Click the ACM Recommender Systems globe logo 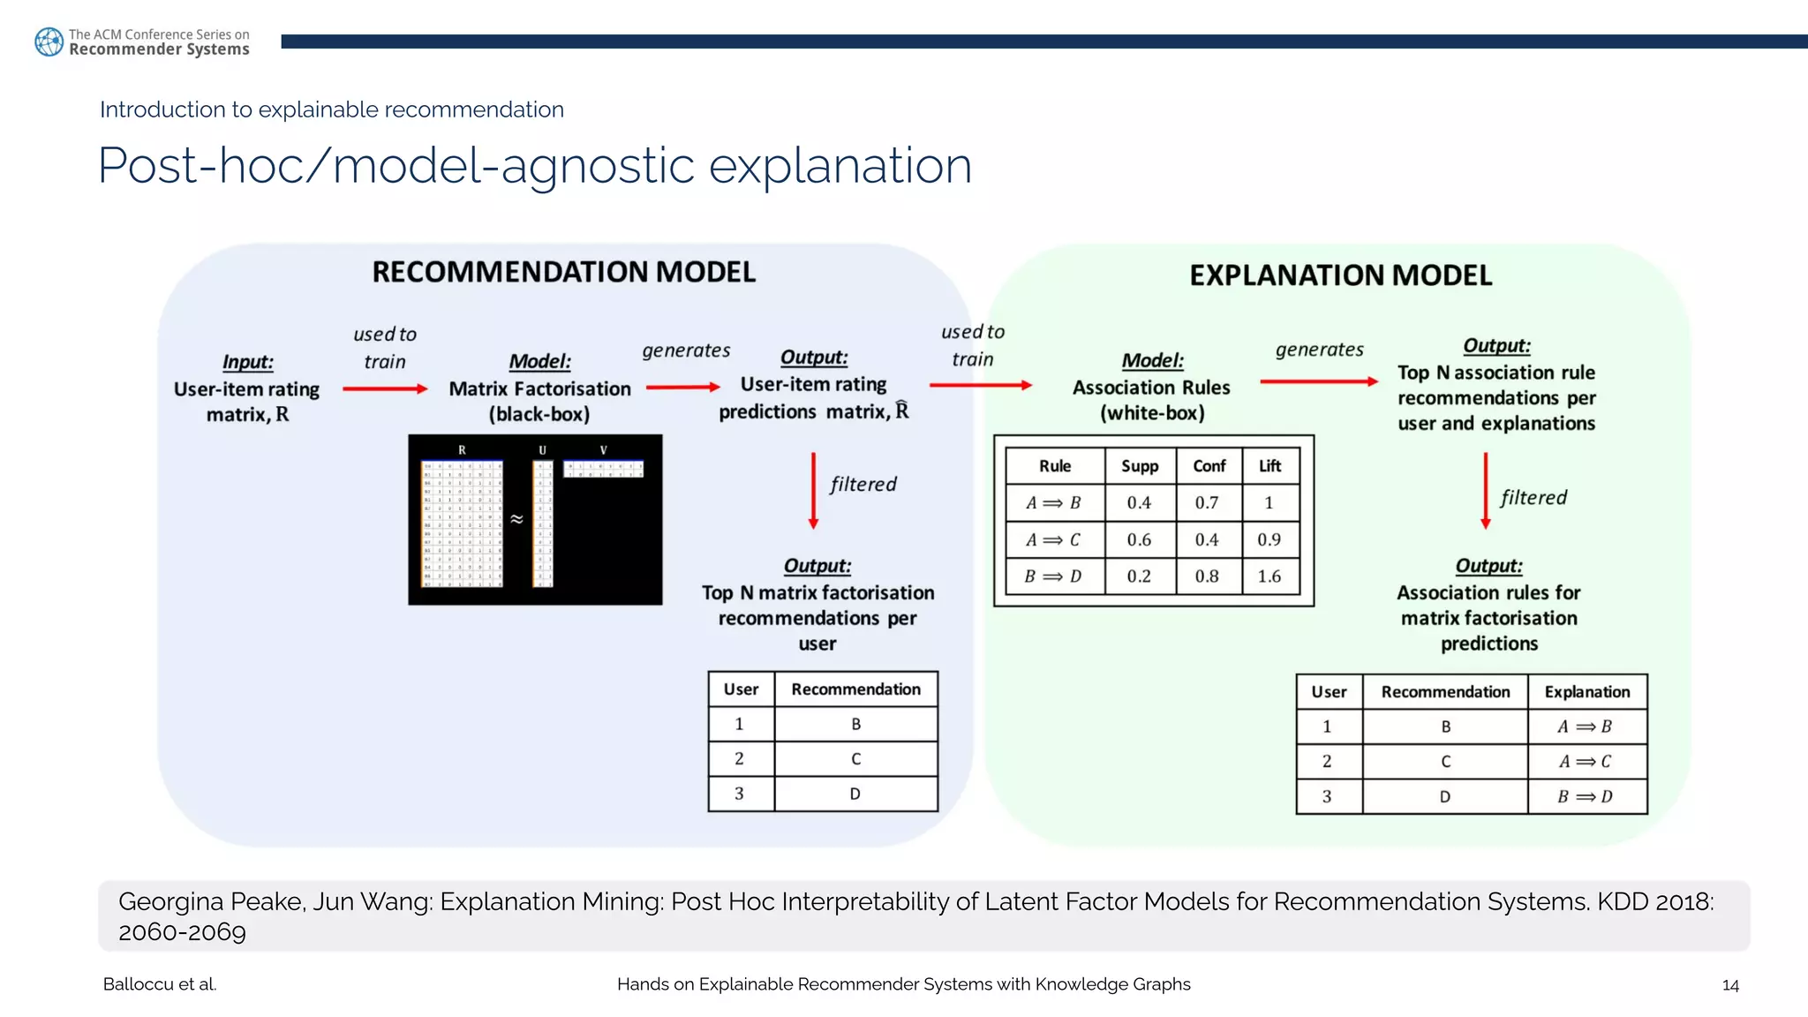[x=49, y=41]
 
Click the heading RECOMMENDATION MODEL [x=563, y=272]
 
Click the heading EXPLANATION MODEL [x=1340, y=275]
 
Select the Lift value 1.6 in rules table [x=1269, y=576]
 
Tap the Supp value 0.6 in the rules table [x=1139, y=539]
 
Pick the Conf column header [x=1209, y=466]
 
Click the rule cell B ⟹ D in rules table [x=1052, y=576]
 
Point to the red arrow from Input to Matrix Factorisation [x=385, y=388]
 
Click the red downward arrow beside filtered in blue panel [x=813, y=491]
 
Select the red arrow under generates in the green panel [x=1319, y=381]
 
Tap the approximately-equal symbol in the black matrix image [x=517, y=519]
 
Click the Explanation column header [x=1586, y=692]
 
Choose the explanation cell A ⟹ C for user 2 [x=1585, y=762]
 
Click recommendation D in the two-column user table [x=855, y=794]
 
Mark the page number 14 [x=1730, y=985]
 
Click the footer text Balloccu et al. [x=160, y=984]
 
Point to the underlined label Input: [x=247, y=362]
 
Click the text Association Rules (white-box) [x=1151, y=400]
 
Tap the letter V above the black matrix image [x=604, y=450]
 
